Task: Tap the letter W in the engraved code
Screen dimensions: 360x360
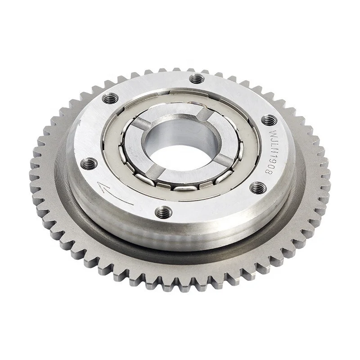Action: point(271,135)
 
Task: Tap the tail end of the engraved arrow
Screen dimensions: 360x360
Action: point(134,205)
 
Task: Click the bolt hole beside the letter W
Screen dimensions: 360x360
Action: point(268,120)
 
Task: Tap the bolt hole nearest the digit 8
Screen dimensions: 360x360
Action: point(257,185)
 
